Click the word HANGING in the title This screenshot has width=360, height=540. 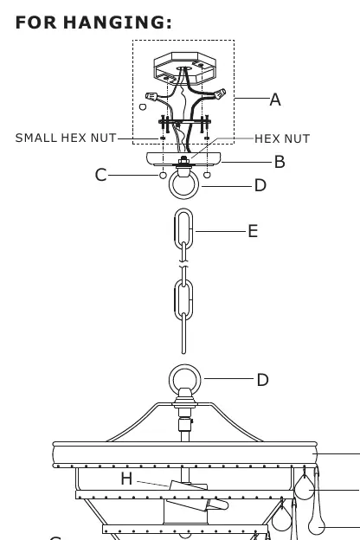tap(117, 22)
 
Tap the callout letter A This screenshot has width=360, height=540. tap(275, 100)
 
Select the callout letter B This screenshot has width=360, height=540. tap(280, 162)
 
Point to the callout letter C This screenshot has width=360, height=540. tap(100, 175)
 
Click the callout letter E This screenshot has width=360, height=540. tap(253, 231)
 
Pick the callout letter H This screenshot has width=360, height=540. tap(126, 479)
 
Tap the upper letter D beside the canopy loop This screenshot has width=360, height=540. tap(260, 185)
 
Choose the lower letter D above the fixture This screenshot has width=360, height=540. tap(262, 380)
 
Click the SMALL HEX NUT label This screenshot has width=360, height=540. tap(66, 138)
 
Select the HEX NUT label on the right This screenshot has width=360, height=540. tap(282, 138)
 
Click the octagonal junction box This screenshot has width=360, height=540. tap(184, 68)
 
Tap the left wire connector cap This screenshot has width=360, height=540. tap(151, 96)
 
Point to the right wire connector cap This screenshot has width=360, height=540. tap(220, 93)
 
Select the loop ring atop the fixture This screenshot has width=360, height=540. tap(185, 367)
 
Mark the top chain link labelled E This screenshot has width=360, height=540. tap(176, 228)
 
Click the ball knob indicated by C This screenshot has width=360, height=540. tap(163, 176)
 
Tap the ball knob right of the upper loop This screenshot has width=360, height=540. tap(207, 175)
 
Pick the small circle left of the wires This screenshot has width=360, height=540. tap(143, 106)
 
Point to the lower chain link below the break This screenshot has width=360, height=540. tap(176, 299)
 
